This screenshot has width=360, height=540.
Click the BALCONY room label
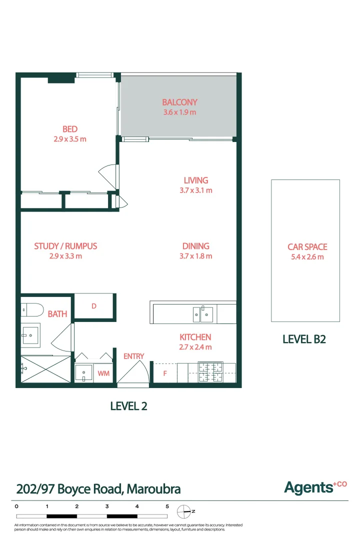tap(179, 102)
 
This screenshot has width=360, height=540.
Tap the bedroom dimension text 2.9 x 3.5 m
tap(70, 139)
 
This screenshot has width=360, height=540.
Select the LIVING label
tap(195, 180)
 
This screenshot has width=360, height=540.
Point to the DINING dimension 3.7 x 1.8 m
tap(195, 256)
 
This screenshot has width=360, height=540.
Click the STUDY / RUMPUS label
tap(65, 246)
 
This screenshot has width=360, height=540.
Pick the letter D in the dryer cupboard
tap(94, 306)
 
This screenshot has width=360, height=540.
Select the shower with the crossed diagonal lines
tap(45, 369)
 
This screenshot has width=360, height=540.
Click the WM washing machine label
tap(103, 373)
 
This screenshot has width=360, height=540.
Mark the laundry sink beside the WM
tap(83, 373)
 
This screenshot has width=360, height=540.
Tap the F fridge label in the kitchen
tap(165, 373)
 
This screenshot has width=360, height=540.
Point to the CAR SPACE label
tap(307, 247)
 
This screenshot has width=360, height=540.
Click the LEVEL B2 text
tap(304, 339)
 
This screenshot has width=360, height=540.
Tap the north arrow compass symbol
tap(184, 511)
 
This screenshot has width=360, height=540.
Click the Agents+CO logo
tap(315, 486)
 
